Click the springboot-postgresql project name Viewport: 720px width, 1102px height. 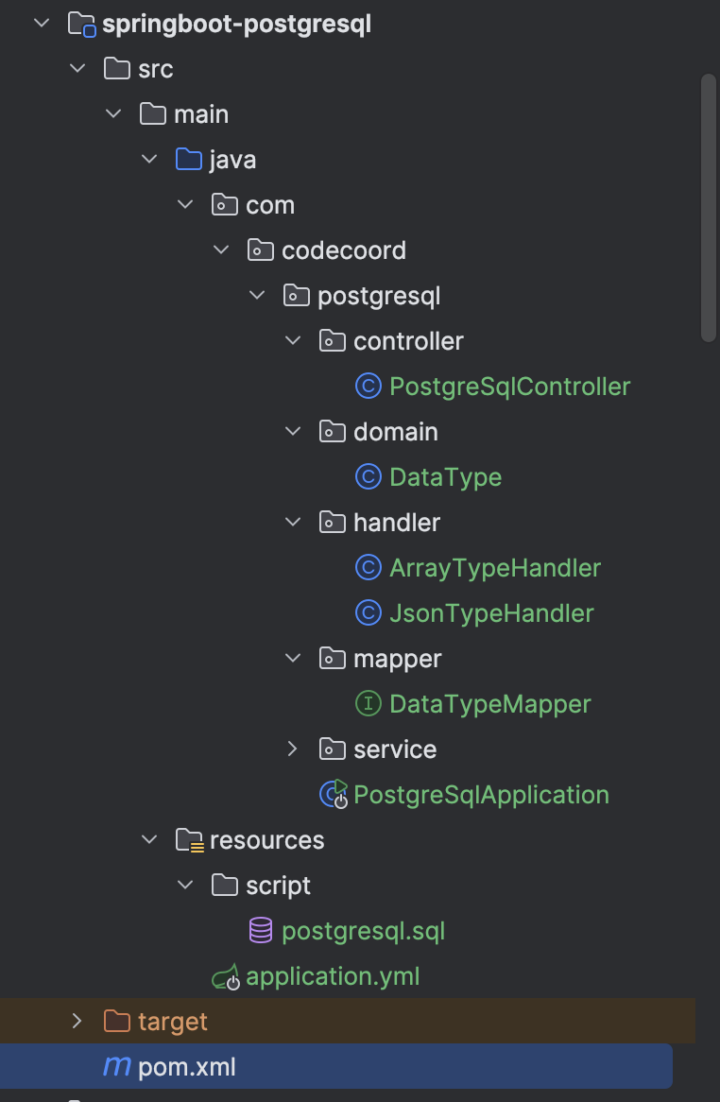pos(237,25)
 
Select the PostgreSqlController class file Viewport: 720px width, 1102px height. pos(509,387)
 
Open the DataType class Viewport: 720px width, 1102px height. pos(445,477)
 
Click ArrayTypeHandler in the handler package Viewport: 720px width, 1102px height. pos(494,568)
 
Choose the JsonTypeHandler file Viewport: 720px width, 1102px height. pos(491,613)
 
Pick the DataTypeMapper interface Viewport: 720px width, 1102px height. pos(489,704)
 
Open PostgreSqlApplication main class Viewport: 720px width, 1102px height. pos(480,795)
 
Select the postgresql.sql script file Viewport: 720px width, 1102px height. pos(363,931)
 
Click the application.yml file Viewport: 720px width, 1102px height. pos(333,976)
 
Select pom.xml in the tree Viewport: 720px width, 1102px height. pos(187,1067)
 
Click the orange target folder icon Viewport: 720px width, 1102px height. pos(116,1021)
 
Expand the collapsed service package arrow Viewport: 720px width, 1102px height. pos(292,749)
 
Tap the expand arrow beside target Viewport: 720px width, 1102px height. pos(77,1021)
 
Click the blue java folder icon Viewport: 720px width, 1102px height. pos(188,160)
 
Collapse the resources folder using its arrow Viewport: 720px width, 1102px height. pos(149,840)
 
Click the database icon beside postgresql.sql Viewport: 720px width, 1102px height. pos(260,931)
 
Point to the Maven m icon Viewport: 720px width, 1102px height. pos(116,1067)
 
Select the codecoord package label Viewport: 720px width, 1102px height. pos(344,250)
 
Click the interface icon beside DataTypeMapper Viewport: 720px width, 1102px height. pos(369,703)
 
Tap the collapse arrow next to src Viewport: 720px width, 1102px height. pos(77,69)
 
